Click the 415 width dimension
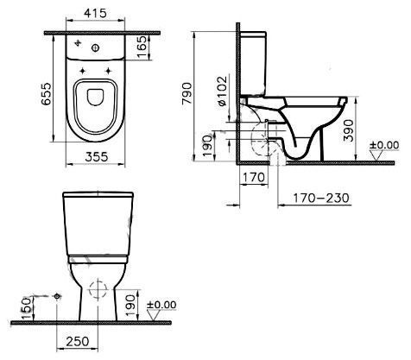click(x=95, y=13)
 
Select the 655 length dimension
click(x=46, y=94)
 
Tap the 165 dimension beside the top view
click(x=141, y=47)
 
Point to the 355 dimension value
click(x=97, y=157)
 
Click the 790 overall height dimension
click(x=187, y=93)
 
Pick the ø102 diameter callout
click(x=223, y=92)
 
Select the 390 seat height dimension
click(x=348, y=131)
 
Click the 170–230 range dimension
click(x=321, y=198)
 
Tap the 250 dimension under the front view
click(x=78, y=342)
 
